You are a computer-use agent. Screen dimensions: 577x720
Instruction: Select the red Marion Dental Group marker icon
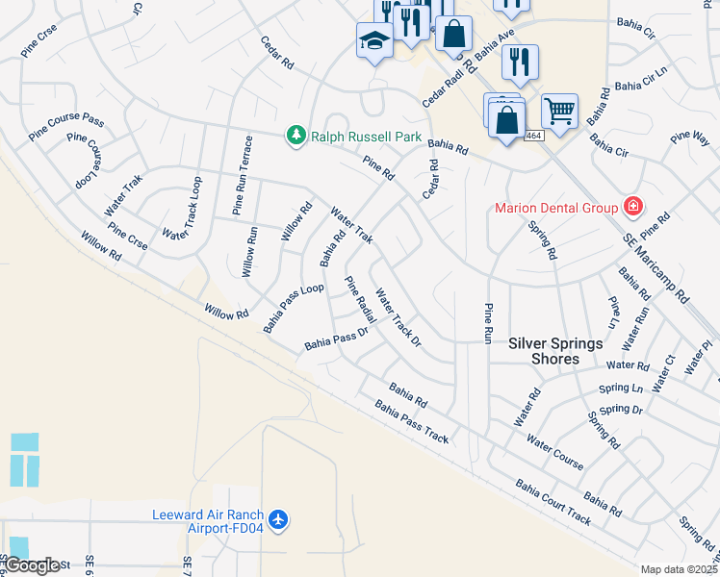pos(633,206)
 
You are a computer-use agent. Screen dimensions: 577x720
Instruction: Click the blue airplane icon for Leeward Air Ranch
pos(279,520)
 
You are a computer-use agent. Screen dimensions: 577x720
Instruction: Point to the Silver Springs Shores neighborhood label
pos(556,351)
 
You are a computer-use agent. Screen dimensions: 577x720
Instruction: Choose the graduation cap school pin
pos(373,40)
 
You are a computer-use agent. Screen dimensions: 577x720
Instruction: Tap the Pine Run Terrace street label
pos(242,181)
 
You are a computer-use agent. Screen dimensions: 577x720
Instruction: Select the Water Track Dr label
pos(398,317)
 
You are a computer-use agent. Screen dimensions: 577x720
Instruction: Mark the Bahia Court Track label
pos(553,501)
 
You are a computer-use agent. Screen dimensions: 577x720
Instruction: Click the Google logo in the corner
pos(32,564)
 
